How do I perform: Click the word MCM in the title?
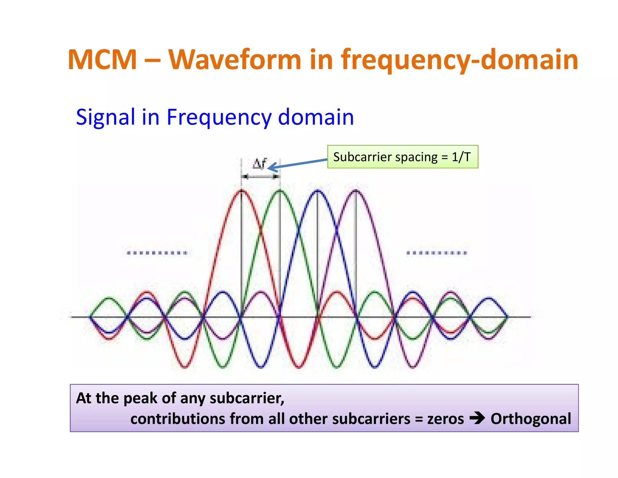[x=102, y=60]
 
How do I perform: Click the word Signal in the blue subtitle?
[x=105, y=117]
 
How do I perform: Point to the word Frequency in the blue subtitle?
[x=219, y=117]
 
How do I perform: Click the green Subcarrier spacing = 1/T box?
[x=403, y=157]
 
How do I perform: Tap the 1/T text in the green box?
[x=461, y=157]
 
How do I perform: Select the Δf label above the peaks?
[x=259, y=164]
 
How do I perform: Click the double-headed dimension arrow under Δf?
[x=261, y=176]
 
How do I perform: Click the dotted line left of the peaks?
[x=157, y=253]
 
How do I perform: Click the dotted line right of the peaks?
[x=437, y=253]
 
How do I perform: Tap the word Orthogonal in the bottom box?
[x=530, y=419]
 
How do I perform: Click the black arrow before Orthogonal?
[x=477, y=418]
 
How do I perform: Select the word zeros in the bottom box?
[x=445, y=419]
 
